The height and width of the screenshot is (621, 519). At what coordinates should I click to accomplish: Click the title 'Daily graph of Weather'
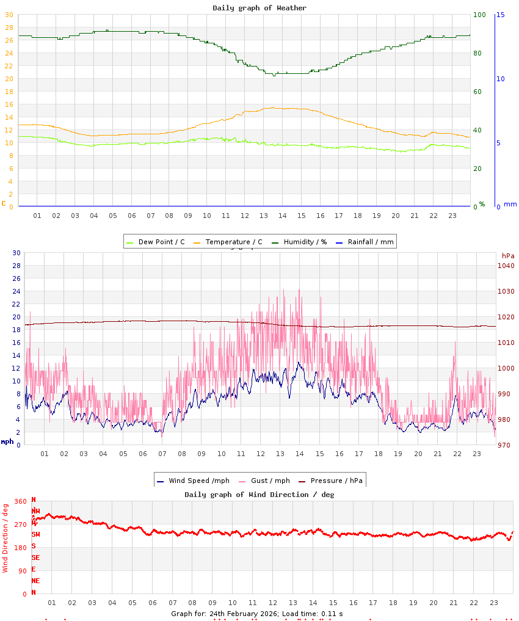click(259, 8)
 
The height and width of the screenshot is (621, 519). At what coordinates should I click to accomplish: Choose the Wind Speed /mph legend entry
click(186, 481)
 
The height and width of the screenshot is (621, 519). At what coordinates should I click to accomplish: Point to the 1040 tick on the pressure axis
click(506, 266)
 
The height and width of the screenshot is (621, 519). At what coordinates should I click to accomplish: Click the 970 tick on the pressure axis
click(506, 445)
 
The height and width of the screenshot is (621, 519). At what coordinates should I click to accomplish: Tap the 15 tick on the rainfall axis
click(500, 15)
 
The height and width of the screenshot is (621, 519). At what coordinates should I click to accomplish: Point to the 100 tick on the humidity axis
click(479, 15)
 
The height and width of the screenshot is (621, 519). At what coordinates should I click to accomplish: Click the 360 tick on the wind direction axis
click(20, 501)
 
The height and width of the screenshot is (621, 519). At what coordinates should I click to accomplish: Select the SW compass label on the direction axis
click(36, 534)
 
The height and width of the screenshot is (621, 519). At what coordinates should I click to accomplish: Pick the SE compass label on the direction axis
click(36, 557)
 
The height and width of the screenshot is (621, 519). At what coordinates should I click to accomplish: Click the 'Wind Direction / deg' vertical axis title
click(5, 537)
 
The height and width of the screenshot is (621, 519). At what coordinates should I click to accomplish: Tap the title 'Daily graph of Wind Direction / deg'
click(259, 495)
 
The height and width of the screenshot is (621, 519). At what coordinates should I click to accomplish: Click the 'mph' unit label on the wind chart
click(7, 441)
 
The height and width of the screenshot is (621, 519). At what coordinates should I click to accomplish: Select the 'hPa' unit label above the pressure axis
click(508, 256)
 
